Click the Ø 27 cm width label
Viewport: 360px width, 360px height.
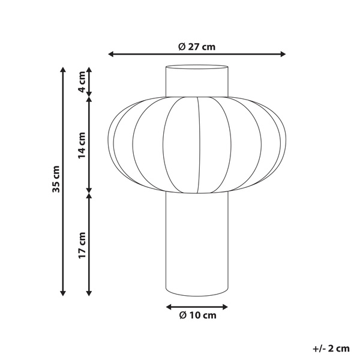pos(197,47)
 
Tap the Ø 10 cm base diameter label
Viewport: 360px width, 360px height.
pos(197,314)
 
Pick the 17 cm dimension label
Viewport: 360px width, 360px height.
pos(82,245)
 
